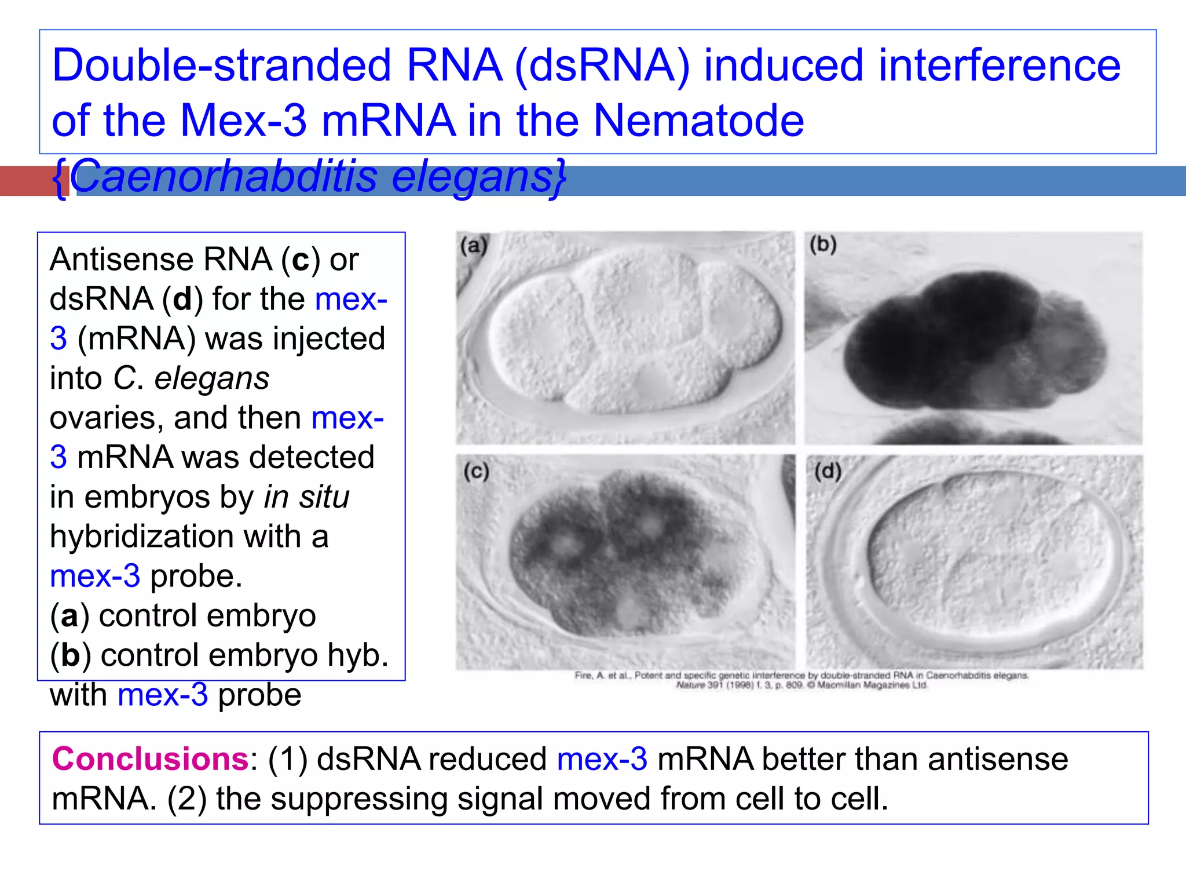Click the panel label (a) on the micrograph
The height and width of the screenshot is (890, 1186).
coord(474,246)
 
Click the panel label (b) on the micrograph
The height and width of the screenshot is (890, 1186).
coord(823,245)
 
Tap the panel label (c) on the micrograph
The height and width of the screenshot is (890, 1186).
coord(476,472)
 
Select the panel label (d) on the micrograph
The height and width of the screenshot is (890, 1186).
coord(828,472)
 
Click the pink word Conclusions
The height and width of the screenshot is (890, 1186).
coord(150,759)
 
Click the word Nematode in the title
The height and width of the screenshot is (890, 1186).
coord(698,121)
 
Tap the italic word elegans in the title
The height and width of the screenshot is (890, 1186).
coord(472,176)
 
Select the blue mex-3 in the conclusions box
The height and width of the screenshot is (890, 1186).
coord(602,759)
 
